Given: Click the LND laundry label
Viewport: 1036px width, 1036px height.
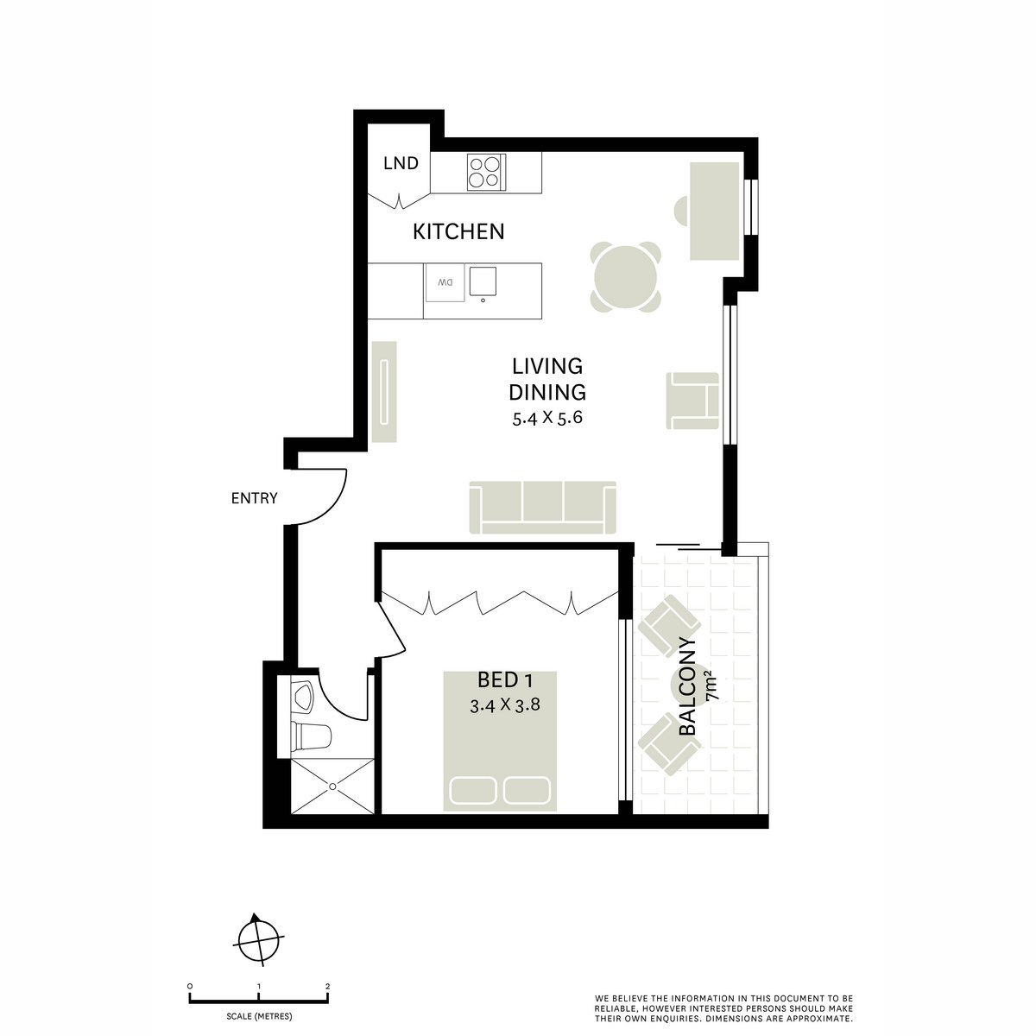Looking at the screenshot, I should pos(401,163).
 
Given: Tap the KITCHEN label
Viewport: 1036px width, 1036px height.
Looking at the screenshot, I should pos(458,231).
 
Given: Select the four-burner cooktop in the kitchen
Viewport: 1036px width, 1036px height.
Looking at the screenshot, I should pos(484,171).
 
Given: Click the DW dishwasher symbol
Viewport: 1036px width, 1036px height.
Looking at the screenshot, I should pos(445,282).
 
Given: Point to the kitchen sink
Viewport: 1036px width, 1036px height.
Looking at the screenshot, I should pos(484,281).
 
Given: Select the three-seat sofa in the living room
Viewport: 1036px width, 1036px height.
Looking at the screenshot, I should pos(543,507).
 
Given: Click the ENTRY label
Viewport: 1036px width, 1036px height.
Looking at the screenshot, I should pos(254,498).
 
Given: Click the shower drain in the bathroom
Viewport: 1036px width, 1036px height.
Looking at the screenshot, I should pos(332,786).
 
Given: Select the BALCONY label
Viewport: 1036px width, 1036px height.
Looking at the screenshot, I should pos(688,686).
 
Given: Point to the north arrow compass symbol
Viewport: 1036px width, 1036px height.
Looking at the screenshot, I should pos(258,941).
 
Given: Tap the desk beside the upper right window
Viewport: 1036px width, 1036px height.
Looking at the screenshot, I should pos(714,211).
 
